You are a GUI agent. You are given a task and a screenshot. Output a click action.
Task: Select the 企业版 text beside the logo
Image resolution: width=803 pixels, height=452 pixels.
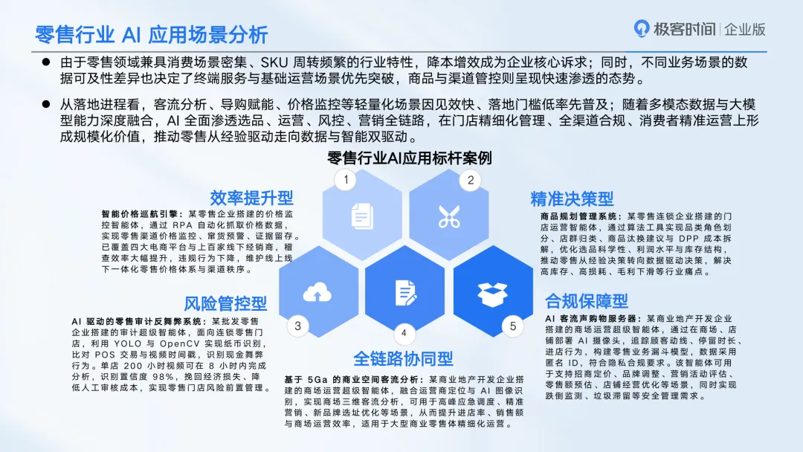(x=744, y=30)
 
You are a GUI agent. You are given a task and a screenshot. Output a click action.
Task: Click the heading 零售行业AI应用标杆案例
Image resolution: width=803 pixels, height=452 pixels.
(x=409, y=158)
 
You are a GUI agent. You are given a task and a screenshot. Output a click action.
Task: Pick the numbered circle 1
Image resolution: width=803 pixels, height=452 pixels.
(x=344, y=179)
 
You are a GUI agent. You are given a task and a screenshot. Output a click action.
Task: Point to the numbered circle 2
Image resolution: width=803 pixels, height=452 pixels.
(x=470, y=179)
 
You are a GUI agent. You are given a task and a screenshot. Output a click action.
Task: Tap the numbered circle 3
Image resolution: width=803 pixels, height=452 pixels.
(x=297, y=325)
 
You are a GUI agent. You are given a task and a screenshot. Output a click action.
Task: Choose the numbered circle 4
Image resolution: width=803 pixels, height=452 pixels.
(x=404, y=332)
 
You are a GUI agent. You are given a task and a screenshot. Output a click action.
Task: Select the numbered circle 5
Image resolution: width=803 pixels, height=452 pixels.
(x=512, y=325)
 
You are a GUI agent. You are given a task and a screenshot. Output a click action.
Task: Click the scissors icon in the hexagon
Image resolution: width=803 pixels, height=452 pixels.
(x=448, y=216)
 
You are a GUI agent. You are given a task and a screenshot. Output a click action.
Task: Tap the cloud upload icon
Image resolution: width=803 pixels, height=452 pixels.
(x=317, y=292)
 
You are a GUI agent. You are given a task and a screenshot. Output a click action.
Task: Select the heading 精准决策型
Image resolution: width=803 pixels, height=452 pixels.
(x=572, y=198)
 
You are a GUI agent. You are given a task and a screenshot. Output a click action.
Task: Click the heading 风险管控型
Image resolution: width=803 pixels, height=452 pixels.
(x=225, y=303)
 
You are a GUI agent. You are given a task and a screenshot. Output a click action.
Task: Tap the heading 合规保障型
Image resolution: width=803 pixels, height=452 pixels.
(x=587, y=300)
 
